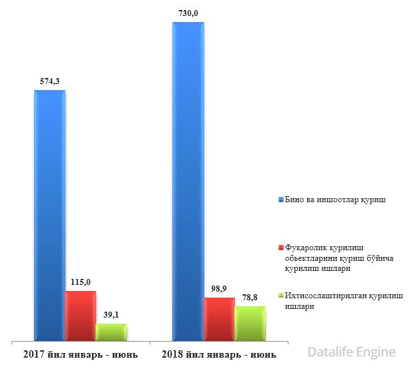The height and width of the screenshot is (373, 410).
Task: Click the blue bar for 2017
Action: [50, 214]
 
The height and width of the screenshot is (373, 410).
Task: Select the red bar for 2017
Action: [80, 315]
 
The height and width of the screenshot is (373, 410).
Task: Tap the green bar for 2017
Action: [111, 332]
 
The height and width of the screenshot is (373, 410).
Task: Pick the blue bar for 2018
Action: [188, 180]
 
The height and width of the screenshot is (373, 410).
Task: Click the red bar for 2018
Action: [219, 319]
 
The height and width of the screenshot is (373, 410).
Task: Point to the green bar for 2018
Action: [250, 323]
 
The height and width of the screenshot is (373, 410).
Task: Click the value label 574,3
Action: [50, 81]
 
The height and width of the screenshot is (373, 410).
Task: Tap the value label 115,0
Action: [80, 282]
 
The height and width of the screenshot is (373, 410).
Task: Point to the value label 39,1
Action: [111, 315]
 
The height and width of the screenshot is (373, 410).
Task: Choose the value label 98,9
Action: [219, 289]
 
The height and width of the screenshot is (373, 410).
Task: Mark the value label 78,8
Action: [250, 298]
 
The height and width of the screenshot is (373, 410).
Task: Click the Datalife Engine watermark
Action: [352, 352]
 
